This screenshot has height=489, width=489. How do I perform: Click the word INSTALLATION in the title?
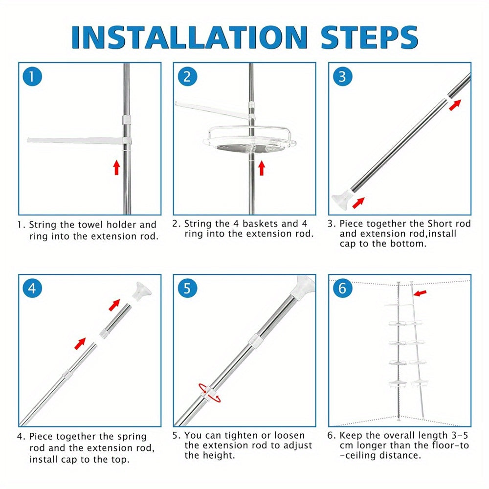click(x=189, y=37)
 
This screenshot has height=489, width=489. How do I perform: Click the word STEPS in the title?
click(x=370, y=37)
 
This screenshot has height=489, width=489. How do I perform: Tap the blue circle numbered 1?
click(x=32, y=76)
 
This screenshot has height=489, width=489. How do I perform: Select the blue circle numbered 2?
click(x=187, y=76)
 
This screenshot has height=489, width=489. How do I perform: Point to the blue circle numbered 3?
click(x=342, y=76)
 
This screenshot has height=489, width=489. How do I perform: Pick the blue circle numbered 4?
click(x=32, y=289)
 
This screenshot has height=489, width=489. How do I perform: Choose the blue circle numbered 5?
click(x=187, y=289)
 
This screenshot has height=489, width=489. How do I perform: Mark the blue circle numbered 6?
click(x=342, y=289)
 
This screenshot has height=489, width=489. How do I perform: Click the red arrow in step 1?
click(x=117, y=167)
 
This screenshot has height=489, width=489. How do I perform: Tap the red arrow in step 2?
click(x=262, y=168)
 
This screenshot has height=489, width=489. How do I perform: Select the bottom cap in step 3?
click(x=341, y=199)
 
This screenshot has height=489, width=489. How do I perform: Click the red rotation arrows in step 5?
click(x=209, y=393)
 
